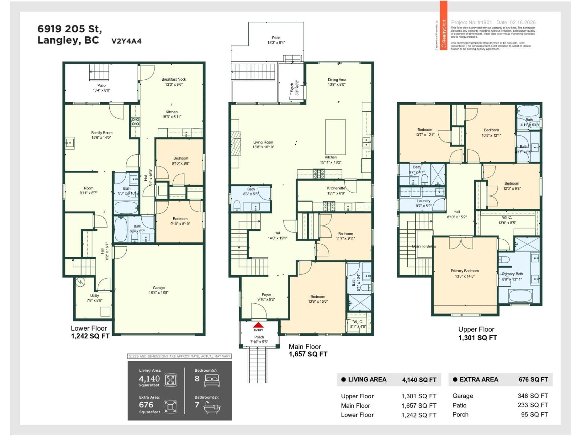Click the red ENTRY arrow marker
coord(258,325)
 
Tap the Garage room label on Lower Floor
coord(159,288)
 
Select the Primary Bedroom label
coord(464,271)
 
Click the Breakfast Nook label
coord(174,79)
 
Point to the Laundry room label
coord(423,201)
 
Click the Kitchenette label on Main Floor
coord(336,188)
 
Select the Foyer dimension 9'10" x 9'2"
coord(266,299)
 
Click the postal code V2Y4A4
coord(126,41)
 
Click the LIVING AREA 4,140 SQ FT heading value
coord(419,380)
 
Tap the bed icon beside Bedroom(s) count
coord(212,380)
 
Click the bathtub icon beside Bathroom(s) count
coord(212,407)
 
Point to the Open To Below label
coord(424,246)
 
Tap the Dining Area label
coord(337,80)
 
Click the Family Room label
coord(102,133)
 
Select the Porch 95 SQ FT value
coord(534,415)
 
